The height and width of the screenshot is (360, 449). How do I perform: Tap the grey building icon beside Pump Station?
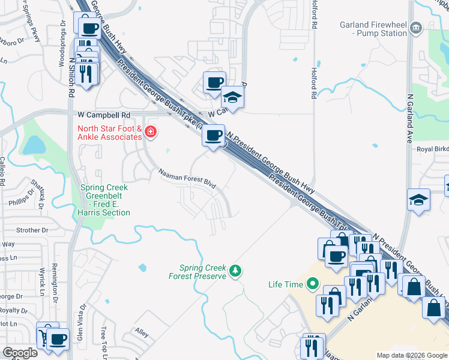click(x=416, y=28)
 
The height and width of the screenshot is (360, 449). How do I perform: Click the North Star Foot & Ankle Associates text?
click(x=109, y=133)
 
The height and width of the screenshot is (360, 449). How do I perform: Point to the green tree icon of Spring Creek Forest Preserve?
click(x=237, y=272)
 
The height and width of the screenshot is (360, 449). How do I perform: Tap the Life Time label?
click(x=285, y=284)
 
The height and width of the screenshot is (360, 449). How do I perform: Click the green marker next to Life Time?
click(x=312, y=284)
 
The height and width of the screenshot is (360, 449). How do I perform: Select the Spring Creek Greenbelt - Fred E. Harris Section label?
click(x=105, y=200)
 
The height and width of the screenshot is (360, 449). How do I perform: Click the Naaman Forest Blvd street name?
click(x=187, y=179)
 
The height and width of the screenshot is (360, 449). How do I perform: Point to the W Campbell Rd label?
click(x=104, y=114)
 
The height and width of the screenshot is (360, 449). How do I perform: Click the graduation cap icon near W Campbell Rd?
click(x=232, y=97)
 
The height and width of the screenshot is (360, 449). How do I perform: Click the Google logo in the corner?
click(x=20, y=353)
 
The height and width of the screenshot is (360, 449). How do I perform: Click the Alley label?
click(x=142, y=332)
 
